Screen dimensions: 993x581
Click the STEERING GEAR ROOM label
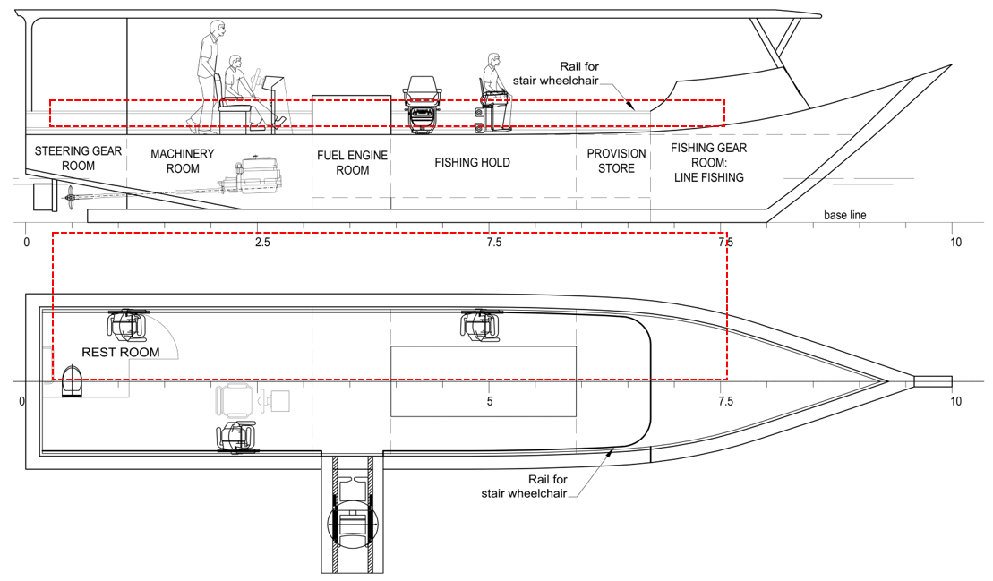point(78,158)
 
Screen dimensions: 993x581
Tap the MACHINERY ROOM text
point(183,161)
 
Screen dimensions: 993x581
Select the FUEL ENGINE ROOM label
point(352,163)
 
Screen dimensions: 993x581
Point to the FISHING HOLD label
point(473,163)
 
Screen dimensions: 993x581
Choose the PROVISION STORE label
point(616,161)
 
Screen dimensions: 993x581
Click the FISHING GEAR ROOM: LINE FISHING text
point(708,163)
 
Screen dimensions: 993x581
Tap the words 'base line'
point(844,215)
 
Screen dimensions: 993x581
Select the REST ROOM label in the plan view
point(120,352)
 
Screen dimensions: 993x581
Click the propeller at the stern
point(69,198)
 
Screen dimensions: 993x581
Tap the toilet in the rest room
point(72,381)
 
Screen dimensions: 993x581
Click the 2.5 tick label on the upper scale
point(262,243)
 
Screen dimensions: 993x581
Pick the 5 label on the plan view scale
point(490,401)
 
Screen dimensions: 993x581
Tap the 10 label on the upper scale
point(955,243)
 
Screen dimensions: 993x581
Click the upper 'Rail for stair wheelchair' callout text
point(555,73)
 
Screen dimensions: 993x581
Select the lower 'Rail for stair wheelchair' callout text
point(525,487)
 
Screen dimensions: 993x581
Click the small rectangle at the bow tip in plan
point(933,381)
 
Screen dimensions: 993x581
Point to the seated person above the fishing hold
point(494,92)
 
